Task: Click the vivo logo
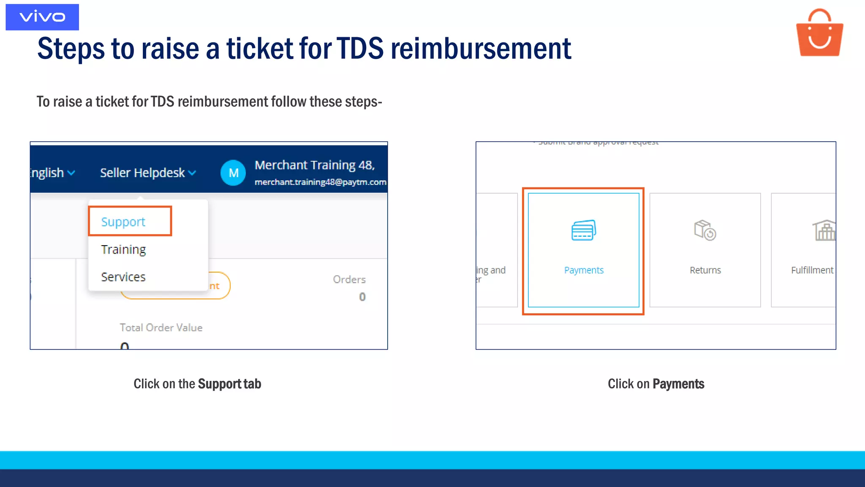(x=42, y=17)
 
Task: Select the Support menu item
(x=123, y=222)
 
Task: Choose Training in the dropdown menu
(x=123, y=249)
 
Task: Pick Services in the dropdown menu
(x=123, y=277)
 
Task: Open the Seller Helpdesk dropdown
(x=148, y=172)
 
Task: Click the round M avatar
(x=233, y=172)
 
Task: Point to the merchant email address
(x=320, y=182)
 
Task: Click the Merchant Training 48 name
(x=315, y=165)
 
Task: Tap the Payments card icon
(x=584, y=230)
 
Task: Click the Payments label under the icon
(x=584, y=270)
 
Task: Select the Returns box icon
(x=705, y=230)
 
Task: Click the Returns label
(x=705, y=270)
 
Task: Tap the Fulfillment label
(x=812, y=270)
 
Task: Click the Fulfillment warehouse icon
(x=824, y=230)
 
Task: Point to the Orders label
(x=349, y=279)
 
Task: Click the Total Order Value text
(x=161, y=328)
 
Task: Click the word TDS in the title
(x=360, y=48)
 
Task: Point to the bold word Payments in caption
(x=678, y=384)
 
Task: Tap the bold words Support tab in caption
(x=229, y=384)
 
